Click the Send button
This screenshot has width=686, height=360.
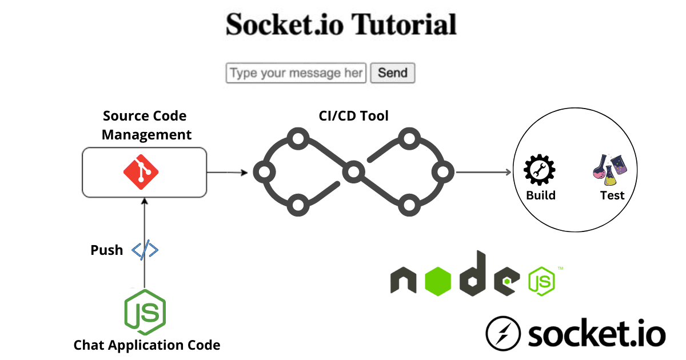pyautogui.click(x=392, y=73)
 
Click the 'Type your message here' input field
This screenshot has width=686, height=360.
pyautogui.click(x=296, y=73)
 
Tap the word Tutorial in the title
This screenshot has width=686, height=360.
pyautogui.click(x=404, y=25)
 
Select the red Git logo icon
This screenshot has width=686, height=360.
pyautogui.click(x=141, y=172)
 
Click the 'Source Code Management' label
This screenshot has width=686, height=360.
pyautogui.click(x=145, y=125)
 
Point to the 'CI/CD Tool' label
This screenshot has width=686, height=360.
pyautogui.click(x=353, y=116)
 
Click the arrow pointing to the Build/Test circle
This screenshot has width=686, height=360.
pyautogui.click(x=483, y=171)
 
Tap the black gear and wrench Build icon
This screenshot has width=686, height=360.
pyautogui.click(x=540, y=170)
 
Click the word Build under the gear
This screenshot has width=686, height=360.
pyautogui.click(x=540, y=195)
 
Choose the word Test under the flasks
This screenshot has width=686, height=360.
pyautogui.click(x=612, y=195)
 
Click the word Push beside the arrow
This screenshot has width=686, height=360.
pyautogui.click(x=106, y=250)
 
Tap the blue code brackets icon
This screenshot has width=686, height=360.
pyautogui.click(x=145, y=250)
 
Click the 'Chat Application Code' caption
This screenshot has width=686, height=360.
pyautogui.click(x=146, y=345)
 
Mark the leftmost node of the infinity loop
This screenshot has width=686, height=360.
pyautogui.click(x=264, y=171)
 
